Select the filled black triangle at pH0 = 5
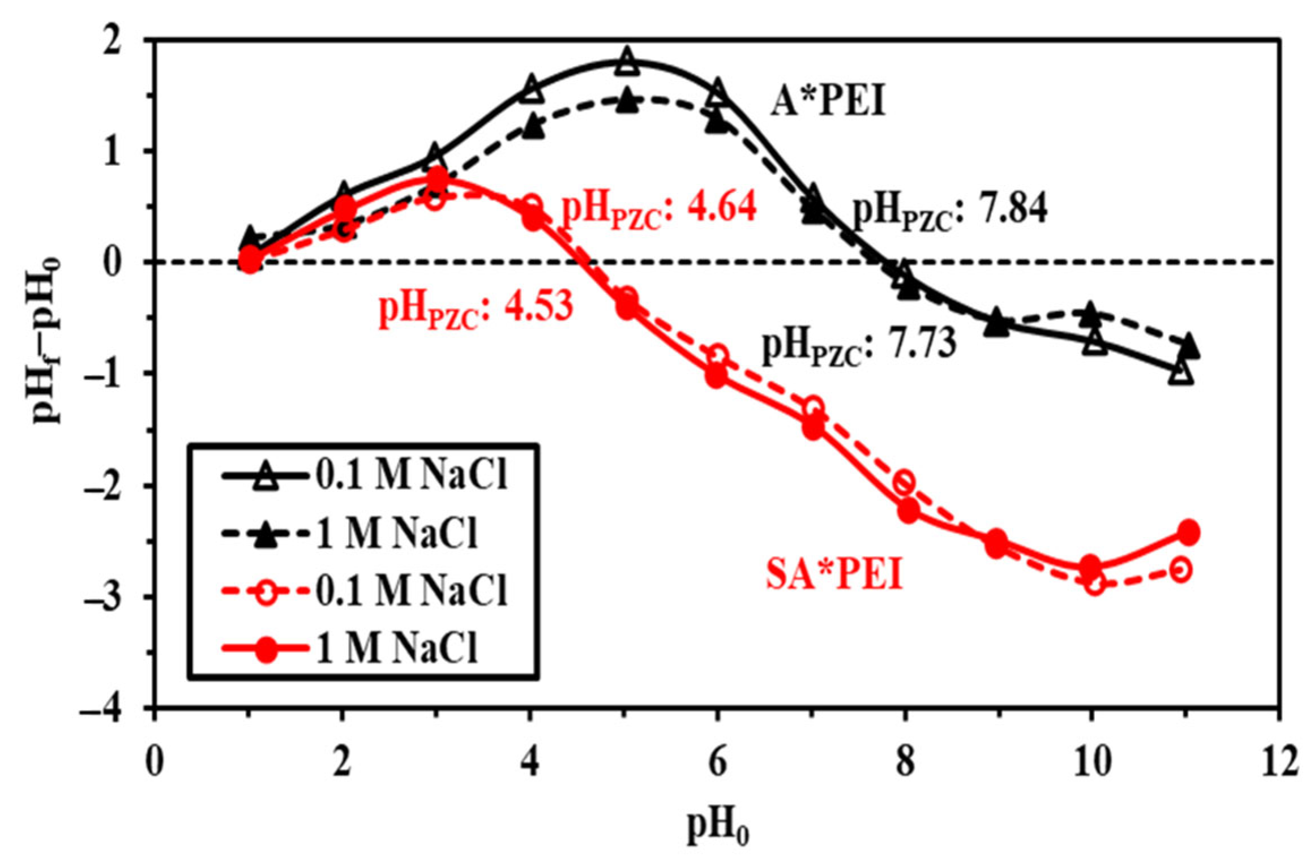[x=625, y=102]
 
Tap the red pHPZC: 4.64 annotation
[x=658, y=209]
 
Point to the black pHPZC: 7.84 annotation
[x=949, y=211]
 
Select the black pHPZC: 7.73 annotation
[x=858, y=346]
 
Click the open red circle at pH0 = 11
[x=1181, y=569]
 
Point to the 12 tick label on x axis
[x=1278, y=762]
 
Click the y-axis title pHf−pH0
[x=48, y=340]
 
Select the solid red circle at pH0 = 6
[x=716, y=376]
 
